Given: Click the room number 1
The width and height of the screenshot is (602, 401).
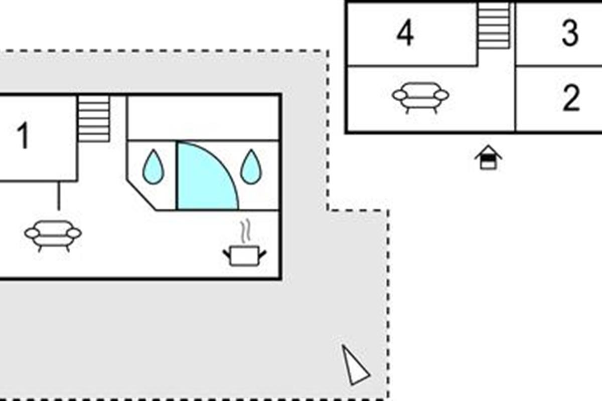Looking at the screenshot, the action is click(24, 135).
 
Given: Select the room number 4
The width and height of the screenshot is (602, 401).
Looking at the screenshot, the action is click(405, 33).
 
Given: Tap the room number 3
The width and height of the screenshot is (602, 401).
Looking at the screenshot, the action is click(570, 33).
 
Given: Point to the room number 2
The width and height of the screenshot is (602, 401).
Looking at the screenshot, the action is click(571, 98).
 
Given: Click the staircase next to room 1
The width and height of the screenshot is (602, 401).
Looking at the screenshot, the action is click(93, 118).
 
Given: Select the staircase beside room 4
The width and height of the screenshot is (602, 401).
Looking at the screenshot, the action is click(494, 26).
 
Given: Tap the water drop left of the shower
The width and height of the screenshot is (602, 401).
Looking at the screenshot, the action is click(153, 167).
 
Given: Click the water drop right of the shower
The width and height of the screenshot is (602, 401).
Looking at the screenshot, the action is click(251, 167).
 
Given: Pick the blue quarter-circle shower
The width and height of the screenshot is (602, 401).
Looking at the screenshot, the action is click(204, 177).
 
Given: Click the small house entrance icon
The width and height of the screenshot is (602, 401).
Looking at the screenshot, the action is click(488, 157).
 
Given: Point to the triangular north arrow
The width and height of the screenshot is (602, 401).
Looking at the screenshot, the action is click(355, 366).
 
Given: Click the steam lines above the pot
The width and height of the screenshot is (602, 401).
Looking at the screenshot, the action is click(245, 231).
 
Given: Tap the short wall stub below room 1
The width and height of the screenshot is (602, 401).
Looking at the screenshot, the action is click(59, 195).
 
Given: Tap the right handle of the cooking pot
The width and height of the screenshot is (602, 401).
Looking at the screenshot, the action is click(262, 254).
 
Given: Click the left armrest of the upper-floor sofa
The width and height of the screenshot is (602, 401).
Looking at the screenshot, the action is click(400, 95).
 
